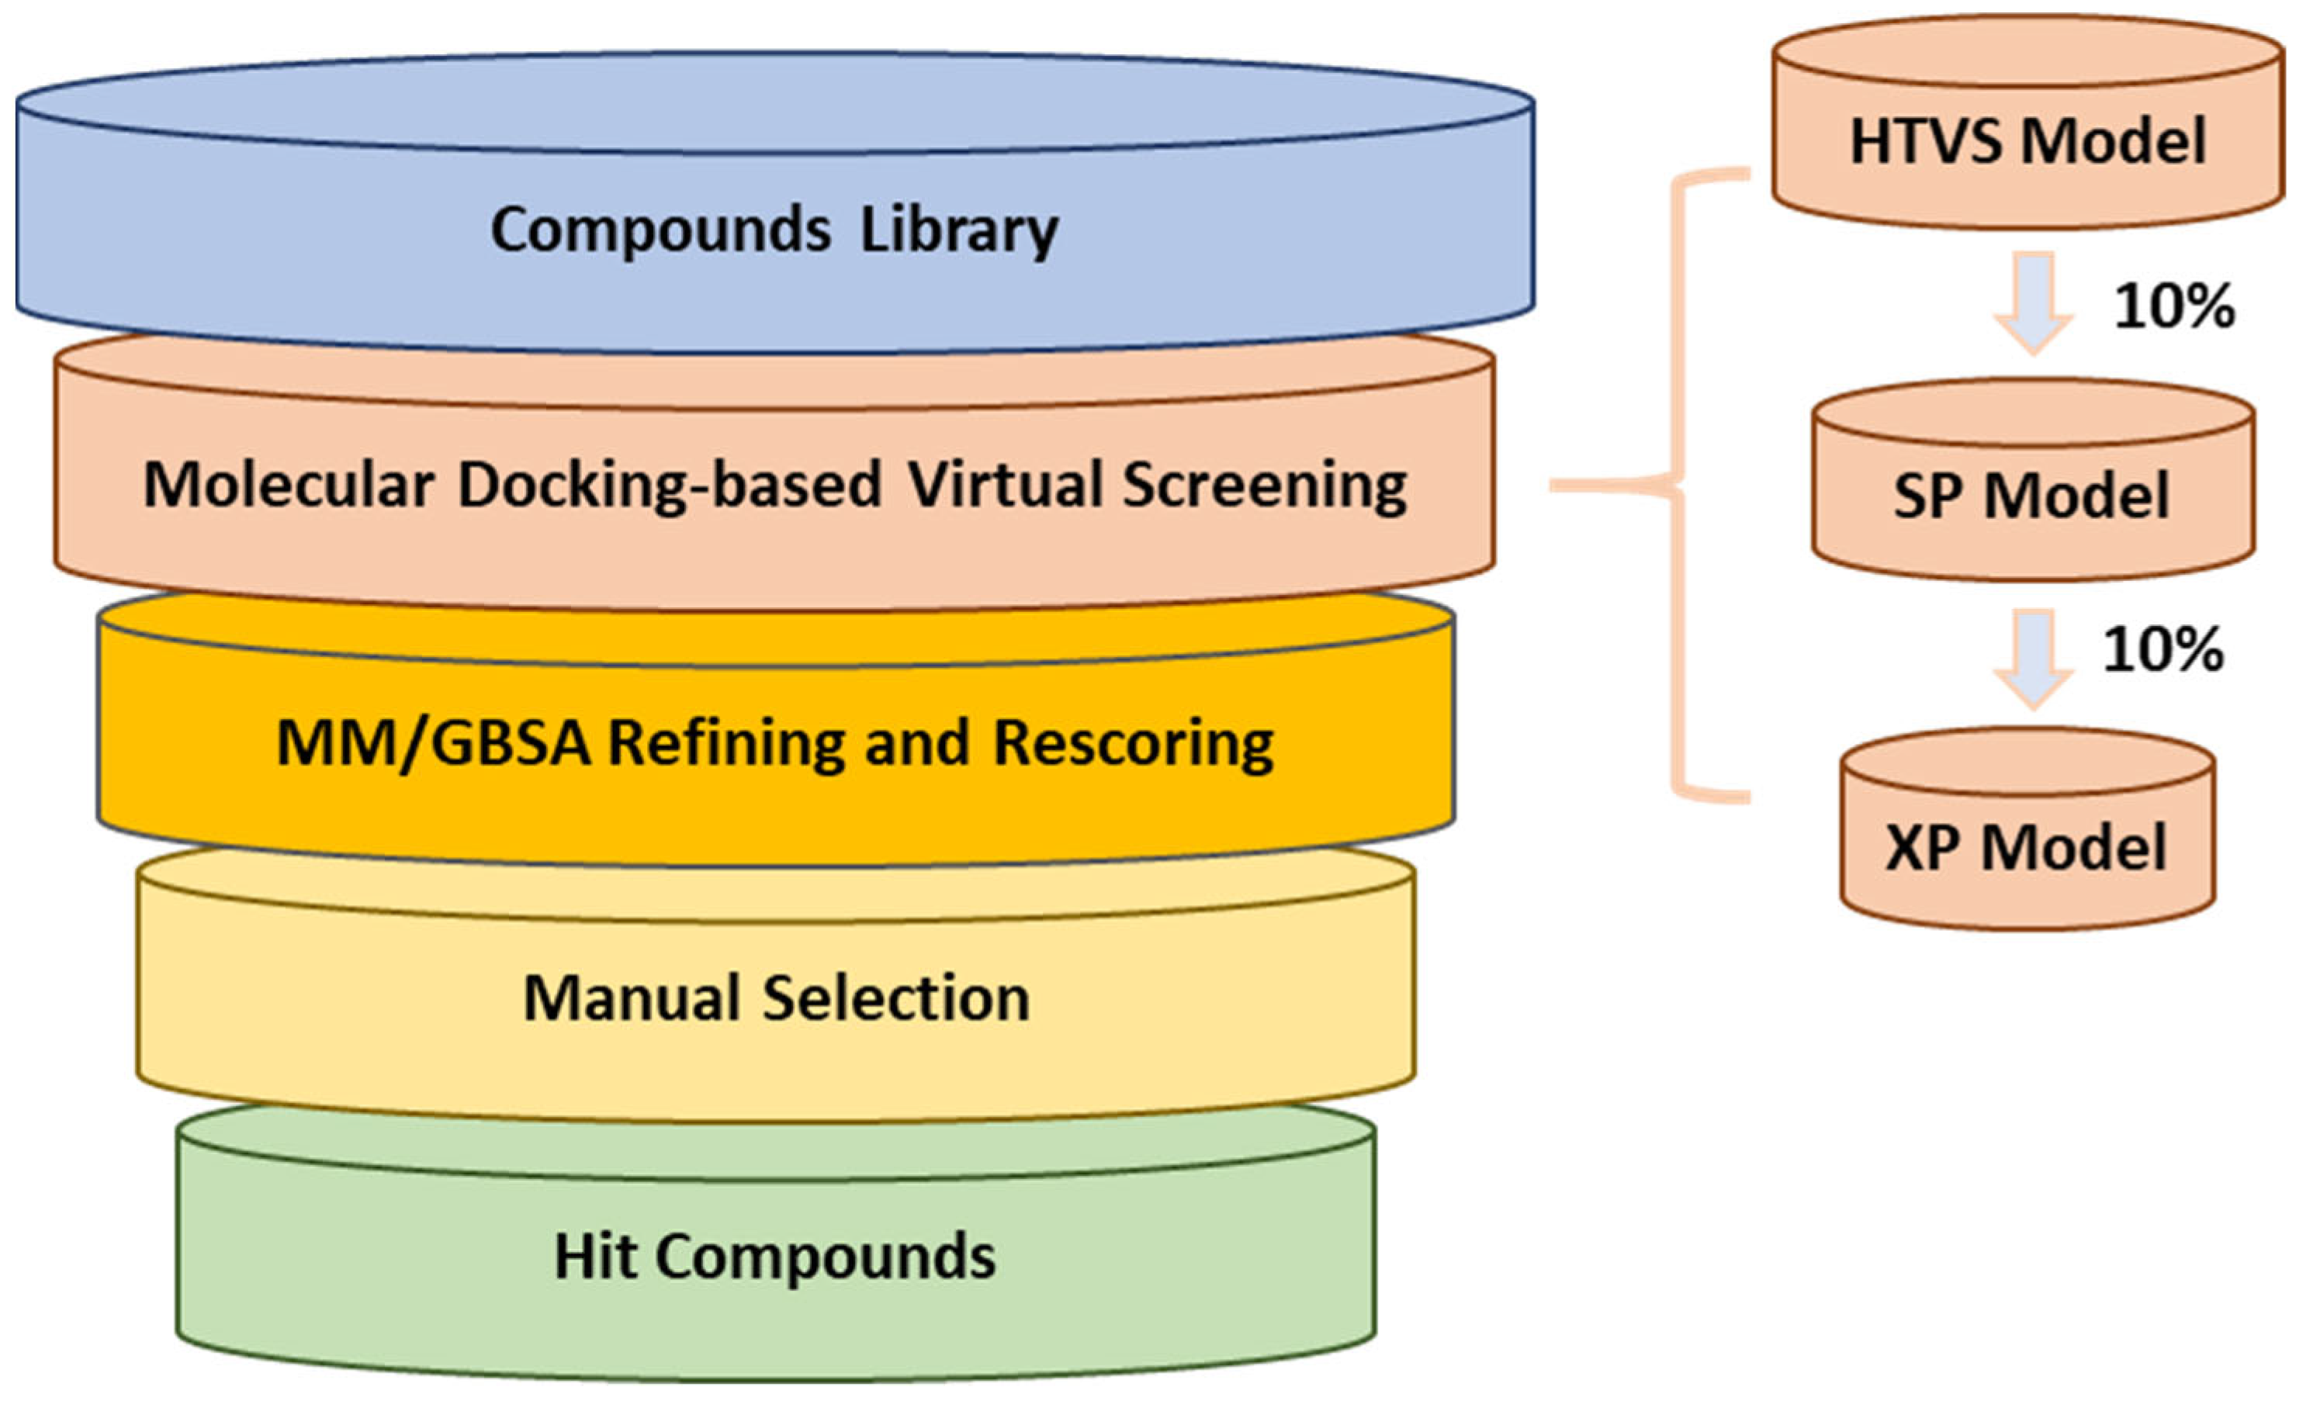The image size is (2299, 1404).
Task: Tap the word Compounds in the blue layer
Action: point(660,230)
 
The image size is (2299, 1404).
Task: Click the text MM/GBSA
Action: point(433,742)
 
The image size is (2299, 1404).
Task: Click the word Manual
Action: point(632,998)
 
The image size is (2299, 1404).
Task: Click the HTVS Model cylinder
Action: point(2028,123)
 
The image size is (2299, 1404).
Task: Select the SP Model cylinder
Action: point(2034,479)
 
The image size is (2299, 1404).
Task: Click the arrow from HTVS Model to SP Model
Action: point(2034,303)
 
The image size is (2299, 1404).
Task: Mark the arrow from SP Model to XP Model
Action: point(2034,658)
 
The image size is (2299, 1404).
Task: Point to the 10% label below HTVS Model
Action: point(2174,305)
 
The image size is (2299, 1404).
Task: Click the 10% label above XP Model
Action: point(2162,649)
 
